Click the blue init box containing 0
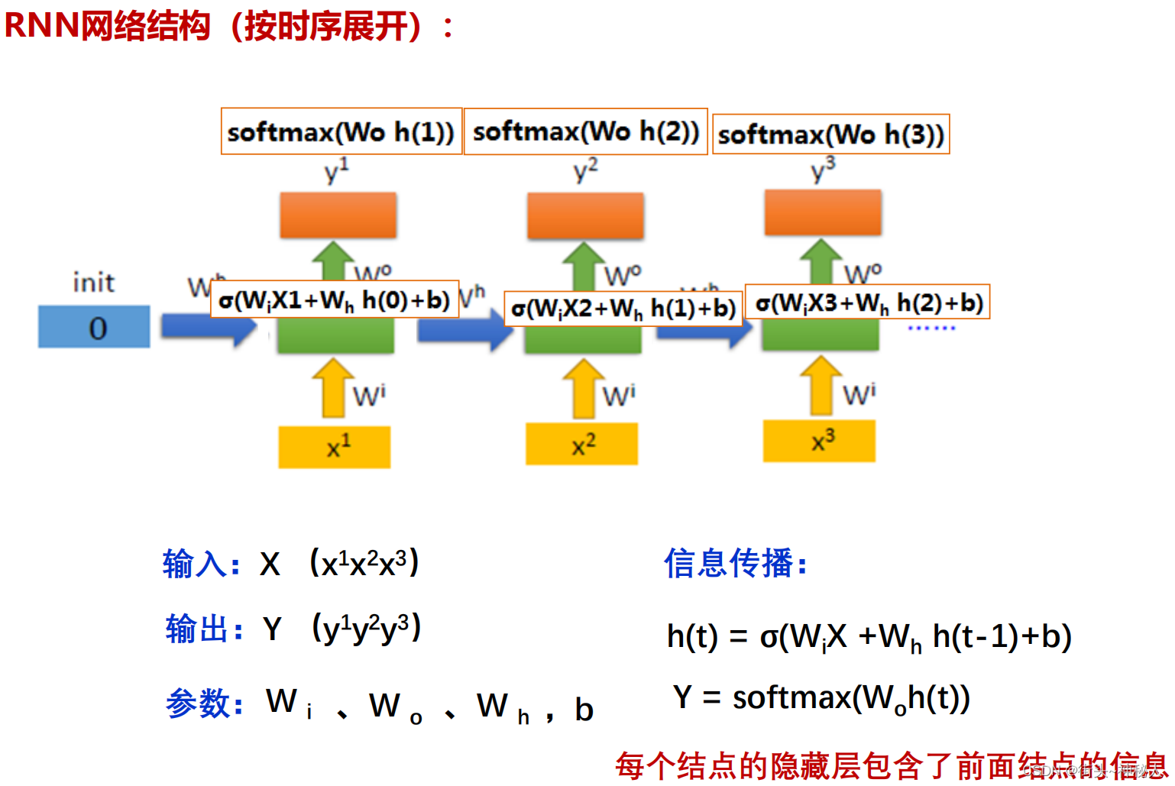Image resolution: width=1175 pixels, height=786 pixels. tap(94, 327)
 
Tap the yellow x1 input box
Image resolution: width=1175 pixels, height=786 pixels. tap(335, 447)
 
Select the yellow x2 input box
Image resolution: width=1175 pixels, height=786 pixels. tap(581, 445)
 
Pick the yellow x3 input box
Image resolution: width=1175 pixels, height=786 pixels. tap(819, 442)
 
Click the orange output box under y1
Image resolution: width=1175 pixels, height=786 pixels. tap(338, 215)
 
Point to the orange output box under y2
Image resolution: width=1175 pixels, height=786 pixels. tap(585, 215)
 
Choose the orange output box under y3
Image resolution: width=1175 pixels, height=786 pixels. tap(823, 212)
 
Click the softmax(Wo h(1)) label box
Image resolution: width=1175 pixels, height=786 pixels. tap(341, 131)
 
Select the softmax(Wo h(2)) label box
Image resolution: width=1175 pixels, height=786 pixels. tap(586, 131)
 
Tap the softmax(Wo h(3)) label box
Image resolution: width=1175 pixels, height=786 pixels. tap(831, 134)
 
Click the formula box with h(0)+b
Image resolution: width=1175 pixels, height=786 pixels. tap(335, 299)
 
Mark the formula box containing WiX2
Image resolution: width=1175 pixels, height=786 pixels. tap(623, 309)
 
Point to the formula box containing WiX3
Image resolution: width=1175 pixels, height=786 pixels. tap(867, 302)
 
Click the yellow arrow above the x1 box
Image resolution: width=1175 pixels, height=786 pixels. tap(332, 388)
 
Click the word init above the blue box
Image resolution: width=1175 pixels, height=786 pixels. tap(94, 283)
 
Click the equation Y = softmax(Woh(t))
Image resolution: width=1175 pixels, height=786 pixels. tap(821, 698)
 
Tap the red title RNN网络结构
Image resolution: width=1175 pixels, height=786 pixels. tap(107, 26)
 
